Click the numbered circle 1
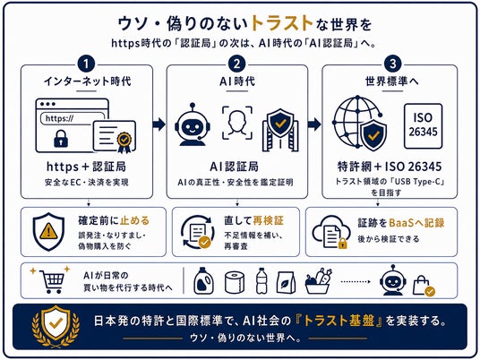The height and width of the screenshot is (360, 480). coord(86,64)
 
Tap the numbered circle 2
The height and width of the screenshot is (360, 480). coord(237,64)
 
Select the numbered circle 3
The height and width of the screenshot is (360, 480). coord(393,64)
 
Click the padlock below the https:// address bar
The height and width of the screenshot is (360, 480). coord(61,139)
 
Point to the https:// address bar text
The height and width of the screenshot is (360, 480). coord(59,118)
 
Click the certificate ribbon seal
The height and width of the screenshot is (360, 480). coord(124,142)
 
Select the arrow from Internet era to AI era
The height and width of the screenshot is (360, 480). coord(159,124)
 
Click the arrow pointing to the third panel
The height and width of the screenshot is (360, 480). coord(314,124)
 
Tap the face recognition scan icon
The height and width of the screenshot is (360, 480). coord(237,123)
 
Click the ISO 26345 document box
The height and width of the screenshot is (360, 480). coord(423,126)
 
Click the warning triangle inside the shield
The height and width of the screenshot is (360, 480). coord(48,230)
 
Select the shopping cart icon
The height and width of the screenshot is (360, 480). coord(52,281)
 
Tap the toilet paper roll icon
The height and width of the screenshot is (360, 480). coord(235,282)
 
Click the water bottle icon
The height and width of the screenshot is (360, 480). coord(261,281)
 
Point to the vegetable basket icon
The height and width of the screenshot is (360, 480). coord(319,281)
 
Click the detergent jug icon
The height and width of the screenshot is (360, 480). coord(204,280)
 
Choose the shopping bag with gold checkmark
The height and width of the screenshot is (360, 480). coord(424,286)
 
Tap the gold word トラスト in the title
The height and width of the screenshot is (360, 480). coord(281,23)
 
